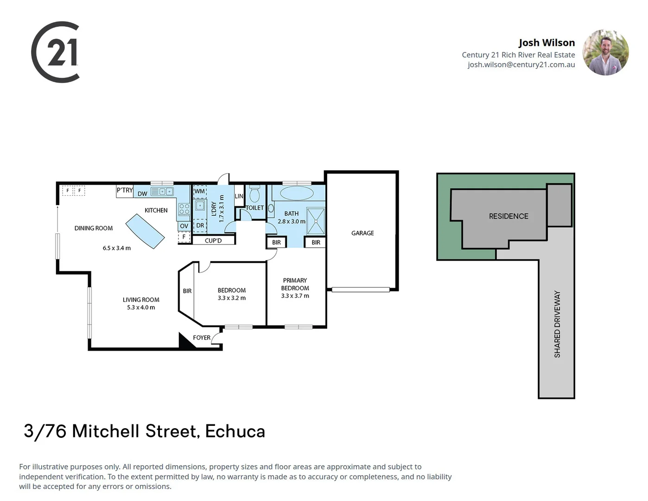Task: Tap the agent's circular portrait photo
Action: [x=605, y=52]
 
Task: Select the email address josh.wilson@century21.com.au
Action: [x=521, y=65]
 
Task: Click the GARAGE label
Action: [x=362, y=233]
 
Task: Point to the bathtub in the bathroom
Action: [x=296, y=193]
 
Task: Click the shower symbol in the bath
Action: [x=316, y=221]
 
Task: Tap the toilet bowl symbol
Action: [x=254, y=194]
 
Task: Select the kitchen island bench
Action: [x=145, y=231]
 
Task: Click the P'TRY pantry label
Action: [x=125, y=190]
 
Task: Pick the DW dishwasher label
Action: [x=142, y=193]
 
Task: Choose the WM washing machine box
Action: [x=199, y=192]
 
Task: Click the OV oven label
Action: [x=184, y=226]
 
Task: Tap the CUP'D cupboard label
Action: [x=213, y=240]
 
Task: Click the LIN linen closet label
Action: [x=239, y=196]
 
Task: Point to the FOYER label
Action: [x=202, y=338]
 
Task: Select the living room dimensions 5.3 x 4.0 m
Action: [x=141, y=308]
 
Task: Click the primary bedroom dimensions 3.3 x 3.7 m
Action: [x=295, y=295]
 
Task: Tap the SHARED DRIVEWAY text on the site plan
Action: [x=557, y=324]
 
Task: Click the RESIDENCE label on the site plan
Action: [x=508, y=216]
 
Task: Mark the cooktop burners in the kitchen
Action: [x=184, y=209]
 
